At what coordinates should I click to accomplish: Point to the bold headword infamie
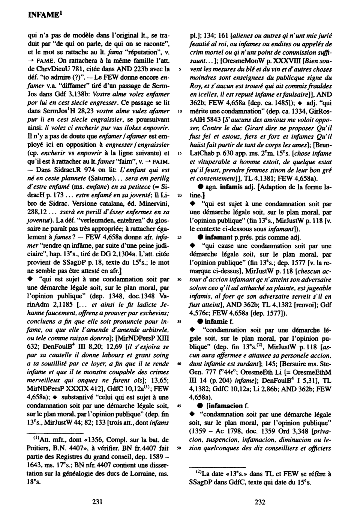click(x=216, y=322)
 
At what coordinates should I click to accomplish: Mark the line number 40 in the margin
click(x=180, y=364)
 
